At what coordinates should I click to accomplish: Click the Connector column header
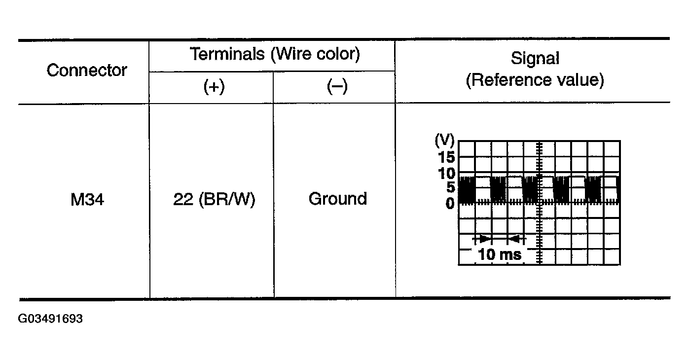(87, 71)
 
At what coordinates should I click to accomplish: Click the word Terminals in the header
(227, 54)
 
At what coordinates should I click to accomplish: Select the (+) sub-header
(214, 87)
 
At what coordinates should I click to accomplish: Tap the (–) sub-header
(337, 87)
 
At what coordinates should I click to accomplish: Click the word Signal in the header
(535, 59)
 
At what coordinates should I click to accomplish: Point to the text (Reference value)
(535, 80)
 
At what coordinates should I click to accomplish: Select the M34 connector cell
(87, 199)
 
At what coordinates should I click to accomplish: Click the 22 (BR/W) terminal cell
(214, 199)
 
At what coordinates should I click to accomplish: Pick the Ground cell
(338, 199)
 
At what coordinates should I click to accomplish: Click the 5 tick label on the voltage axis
(449, 187)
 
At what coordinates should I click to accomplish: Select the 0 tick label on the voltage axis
(449, 203)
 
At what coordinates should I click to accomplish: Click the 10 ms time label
(500, 254)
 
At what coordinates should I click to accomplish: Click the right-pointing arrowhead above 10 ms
(486, 239)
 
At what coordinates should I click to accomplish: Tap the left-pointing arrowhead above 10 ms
(513, 239)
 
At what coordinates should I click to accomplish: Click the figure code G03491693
(50, 319)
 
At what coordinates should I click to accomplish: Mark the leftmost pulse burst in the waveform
(467, 189)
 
